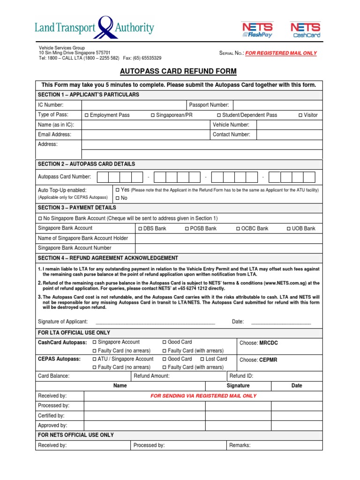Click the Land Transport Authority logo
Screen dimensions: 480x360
click(x=94, y=28)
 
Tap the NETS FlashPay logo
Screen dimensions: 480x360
click(x=257, y=30)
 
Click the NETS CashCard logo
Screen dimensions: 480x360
click(x=305, y=30)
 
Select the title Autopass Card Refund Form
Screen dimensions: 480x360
click(x=179, y=71)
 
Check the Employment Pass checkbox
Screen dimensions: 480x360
click(x=86, y=115)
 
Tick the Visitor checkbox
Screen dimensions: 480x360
click(x=300, y=115)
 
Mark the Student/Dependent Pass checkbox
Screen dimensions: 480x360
click(x=219, y=115)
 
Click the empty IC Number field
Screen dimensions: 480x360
click(x=134, y=105)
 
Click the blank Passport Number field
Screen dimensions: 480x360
click(x=277, y=105)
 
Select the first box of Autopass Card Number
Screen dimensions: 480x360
click(x=103, y=177)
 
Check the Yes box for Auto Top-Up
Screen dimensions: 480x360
click(x=118, y=190)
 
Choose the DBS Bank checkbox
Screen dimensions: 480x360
click(x=140, y=229)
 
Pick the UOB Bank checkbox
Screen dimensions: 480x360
click(x=288, y=229)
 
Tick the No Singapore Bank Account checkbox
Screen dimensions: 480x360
click(x=40, y=218)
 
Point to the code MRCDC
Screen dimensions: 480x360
click(x=269, y=343)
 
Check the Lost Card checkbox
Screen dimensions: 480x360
click(x=202, y=359)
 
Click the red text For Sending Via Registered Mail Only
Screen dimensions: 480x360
click(x=203, y=396)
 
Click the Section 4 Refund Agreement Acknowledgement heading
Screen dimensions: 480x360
click(x=108, y=258)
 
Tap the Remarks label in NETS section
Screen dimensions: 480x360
click(x=240, y=445)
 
